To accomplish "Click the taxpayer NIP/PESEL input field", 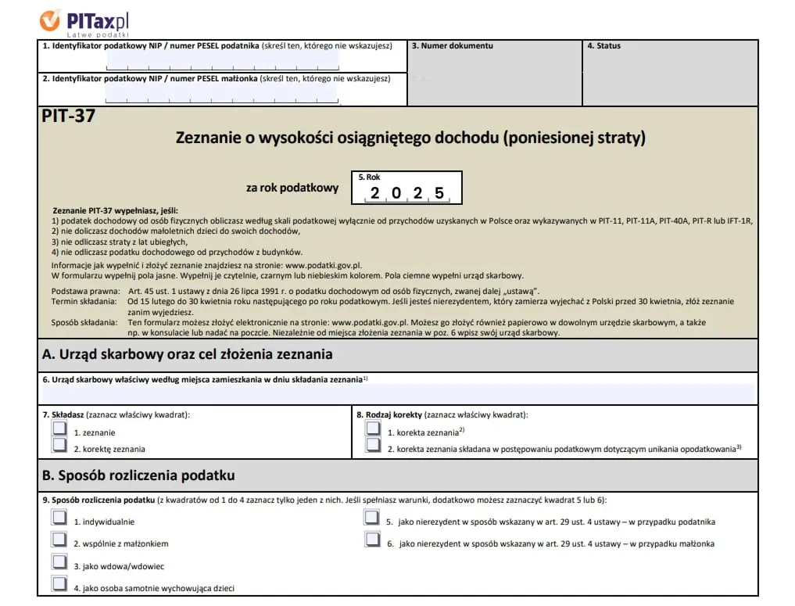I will click(222, 61).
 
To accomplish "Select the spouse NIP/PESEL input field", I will click(222, 93).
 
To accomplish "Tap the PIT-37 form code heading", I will click(68, 117).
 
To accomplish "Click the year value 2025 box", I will click(407, 192).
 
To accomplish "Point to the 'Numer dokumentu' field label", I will click(453, 46).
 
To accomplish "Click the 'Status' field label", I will click(603, 46).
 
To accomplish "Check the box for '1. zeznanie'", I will click(59, 429).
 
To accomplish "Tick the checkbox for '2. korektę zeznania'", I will click(59, 445).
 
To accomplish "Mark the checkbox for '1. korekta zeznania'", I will click(373, 429).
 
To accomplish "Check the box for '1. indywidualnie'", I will click(59, 518).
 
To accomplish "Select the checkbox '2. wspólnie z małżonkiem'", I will click(59, 540).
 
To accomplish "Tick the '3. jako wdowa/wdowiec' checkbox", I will click(59, 561).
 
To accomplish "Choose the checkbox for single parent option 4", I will click(59, 583).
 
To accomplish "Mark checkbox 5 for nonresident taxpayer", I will click(372, 518).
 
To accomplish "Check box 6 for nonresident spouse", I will click(372, 540).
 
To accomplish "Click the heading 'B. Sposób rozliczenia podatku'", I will click(138, 475).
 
